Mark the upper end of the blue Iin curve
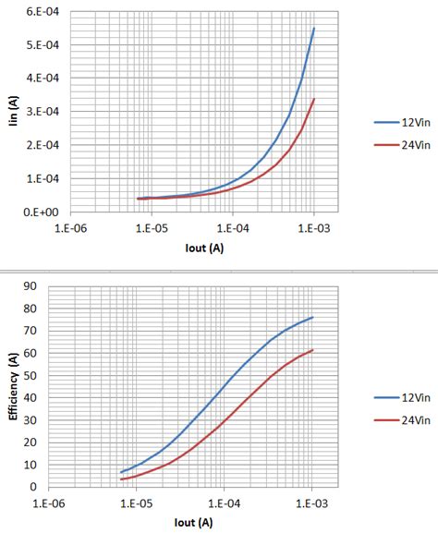click(314, 28)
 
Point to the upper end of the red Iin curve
click(314, 100)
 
